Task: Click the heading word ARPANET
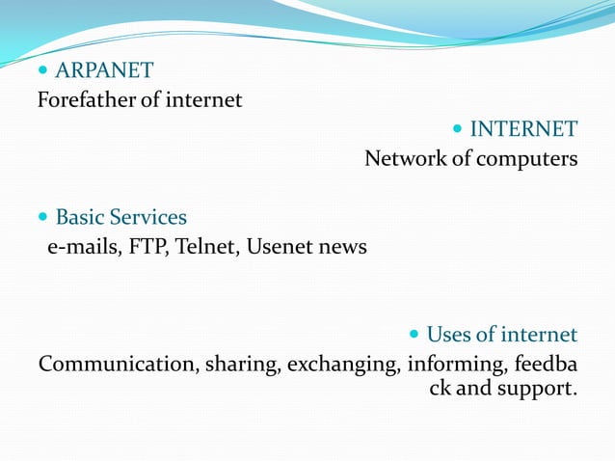click(x=104, y=70)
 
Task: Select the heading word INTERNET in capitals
click(x=523, y=129)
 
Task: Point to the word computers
click(x=526, y=158)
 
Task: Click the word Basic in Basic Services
click(x=79, y=217)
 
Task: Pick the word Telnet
click(x=206, y=247)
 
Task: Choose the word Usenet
click(x=281, y=247)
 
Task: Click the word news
click(x=343, y=247)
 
